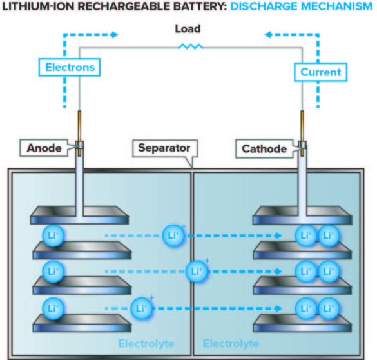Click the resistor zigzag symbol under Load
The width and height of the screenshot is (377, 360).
(x=191, y=46)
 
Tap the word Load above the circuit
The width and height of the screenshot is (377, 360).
(x=188, y=29)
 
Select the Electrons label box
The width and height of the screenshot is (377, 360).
(x=70, y=66)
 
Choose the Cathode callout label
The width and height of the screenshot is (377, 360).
(x=264, y=149)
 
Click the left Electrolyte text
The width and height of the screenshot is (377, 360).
(x=146, y=343)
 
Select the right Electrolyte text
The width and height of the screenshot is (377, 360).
(x=231, y=343)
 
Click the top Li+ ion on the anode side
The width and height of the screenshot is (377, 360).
(x=52, y=235)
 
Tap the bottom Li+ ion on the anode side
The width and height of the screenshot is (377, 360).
(x=52, y=307)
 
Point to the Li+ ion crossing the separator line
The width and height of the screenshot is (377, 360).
(x=196, y=270)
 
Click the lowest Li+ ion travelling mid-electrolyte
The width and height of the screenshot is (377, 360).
(x=141, y=307)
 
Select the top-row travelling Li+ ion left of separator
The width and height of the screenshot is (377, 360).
(x=173, y=235)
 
